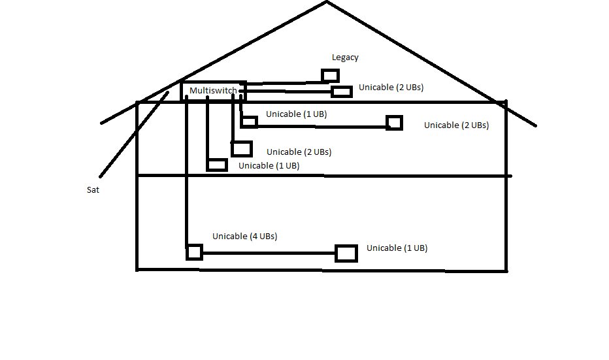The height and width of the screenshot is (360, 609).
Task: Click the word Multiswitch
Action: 213,90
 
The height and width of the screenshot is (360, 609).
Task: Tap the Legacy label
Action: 345,57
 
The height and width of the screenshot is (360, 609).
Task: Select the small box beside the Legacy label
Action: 329,75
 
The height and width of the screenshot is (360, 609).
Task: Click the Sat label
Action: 93,190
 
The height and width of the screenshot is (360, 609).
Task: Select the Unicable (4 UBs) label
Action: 244,236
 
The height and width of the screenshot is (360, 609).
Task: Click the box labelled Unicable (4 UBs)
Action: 194,252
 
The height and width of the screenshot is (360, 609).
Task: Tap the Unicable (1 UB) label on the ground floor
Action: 397,248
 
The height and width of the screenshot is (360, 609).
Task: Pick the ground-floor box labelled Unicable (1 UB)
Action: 346,254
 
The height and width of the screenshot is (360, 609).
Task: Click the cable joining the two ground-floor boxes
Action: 268,253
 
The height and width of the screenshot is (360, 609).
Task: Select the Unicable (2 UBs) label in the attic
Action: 391,88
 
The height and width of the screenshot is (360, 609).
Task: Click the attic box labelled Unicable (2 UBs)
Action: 342,91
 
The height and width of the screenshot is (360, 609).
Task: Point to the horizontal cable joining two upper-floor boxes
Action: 320,127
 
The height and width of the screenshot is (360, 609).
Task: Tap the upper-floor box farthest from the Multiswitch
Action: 394,123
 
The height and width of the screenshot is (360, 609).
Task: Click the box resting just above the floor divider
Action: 217,165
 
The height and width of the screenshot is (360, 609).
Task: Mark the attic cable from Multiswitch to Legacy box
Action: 284,83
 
